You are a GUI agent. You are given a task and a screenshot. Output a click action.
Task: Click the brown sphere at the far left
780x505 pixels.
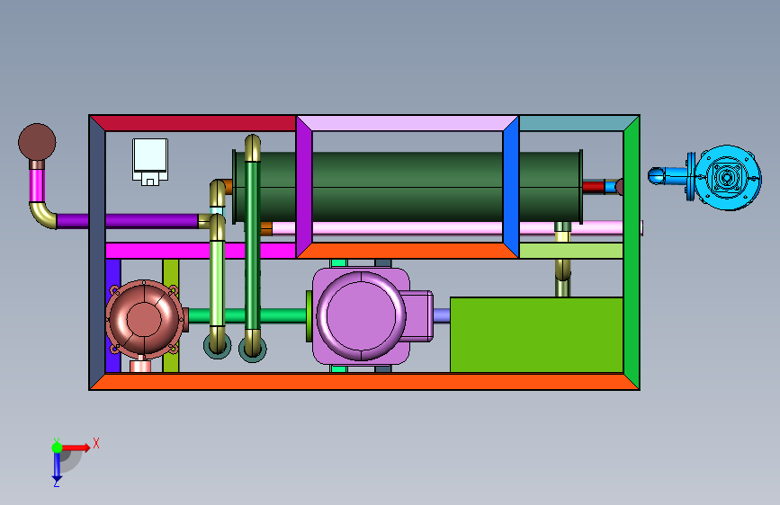(x=37, y=142)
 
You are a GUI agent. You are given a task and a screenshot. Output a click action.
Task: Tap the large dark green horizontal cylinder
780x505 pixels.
(x=408, y=187)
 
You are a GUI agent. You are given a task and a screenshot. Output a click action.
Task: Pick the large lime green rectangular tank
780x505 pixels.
(x=536, y=334)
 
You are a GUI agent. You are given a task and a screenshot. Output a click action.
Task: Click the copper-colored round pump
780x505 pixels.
(x=144, y=319)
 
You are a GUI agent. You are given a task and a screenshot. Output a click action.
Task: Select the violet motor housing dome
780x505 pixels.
(x=361, y=315)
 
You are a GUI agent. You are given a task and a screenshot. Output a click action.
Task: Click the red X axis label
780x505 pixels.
(x=96, y=443)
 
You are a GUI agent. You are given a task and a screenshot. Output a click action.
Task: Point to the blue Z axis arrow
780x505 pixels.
(x=57, y=465)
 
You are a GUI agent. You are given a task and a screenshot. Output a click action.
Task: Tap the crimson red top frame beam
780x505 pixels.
(x=193, y=123)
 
